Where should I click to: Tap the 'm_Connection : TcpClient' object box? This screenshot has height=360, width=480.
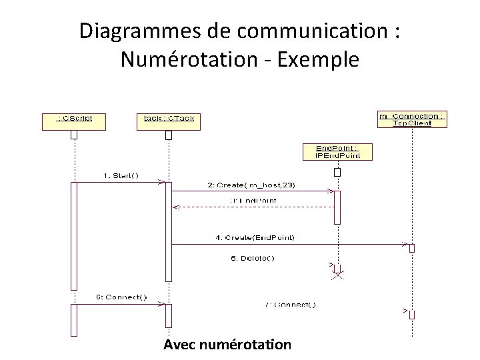412,119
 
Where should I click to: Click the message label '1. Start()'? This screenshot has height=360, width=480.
121,175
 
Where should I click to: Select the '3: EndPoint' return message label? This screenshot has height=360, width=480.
253,200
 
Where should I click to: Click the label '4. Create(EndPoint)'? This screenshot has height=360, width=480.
255,237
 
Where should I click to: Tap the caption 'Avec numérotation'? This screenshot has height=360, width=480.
227,345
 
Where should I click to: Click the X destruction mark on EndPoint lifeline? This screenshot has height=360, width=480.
337,275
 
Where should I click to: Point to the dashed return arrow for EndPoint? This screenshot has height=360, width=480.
253,207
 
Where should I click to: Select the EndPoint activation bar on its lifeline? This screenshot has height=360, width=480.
337,207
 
